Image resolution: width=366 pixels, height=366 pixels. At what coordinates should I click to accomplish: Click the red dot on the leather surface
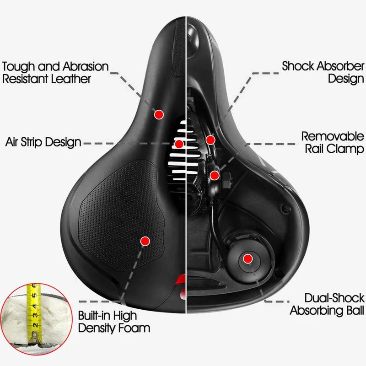(159, 114)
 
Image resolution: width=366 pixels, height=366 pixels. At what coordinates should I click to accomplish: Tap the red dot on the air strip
(179, 144)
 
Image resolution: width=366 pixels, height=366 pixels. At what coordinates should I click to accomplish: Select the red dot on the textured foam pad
(145, 241)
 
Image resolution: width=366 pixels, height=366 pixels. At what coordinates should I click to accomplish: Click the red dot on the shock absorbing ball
(248, 258)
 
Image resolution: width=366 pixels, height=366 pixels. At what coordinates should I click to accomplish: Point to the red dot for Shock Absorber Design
(210, 140)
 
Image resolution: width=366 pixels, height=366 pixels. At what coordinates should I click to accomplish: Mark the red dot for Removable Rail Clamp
(215, 175)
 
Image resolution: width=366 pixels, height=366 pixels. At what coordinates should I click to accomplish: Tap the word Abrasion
(86, 66)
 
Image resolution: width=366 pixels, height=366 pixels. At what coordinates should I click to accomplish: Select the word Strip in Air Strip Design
(31, 142)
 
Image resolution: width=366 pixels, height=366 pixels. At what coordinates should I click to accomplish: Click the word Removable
(333, 136)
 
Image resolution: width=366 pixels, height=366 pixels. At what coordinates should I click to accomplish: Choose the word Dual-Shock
(334, 298)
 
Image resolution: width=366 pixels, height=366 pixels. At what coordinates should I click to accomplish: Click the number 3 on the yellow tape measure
(35, 315)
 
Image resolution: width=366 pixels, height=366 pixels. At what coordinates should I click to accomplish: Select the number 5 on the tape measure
(34, 295)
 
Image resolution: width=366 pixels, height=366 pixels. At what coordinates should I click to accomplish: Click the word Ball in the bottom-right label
(355, 311)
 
